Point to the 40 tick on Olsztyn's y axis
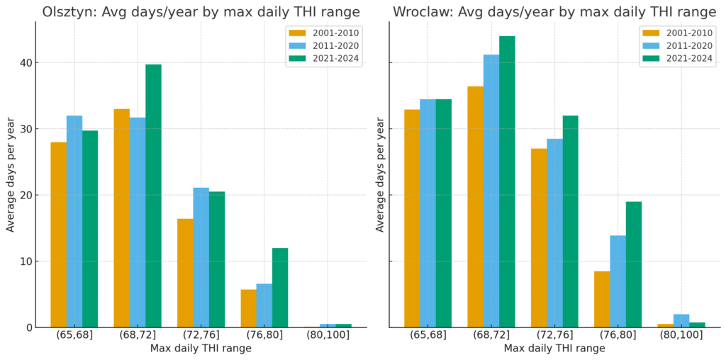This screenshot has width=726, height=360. click(x=26, y=63)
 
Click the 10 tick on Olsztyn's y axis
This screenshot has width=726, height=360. click(x=26, y=261)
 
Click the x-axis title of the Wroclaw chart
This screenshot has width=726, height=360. click(x=554, y=349)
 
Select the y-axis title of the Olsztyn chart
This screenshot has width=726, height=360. click(x=11, y=174)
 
